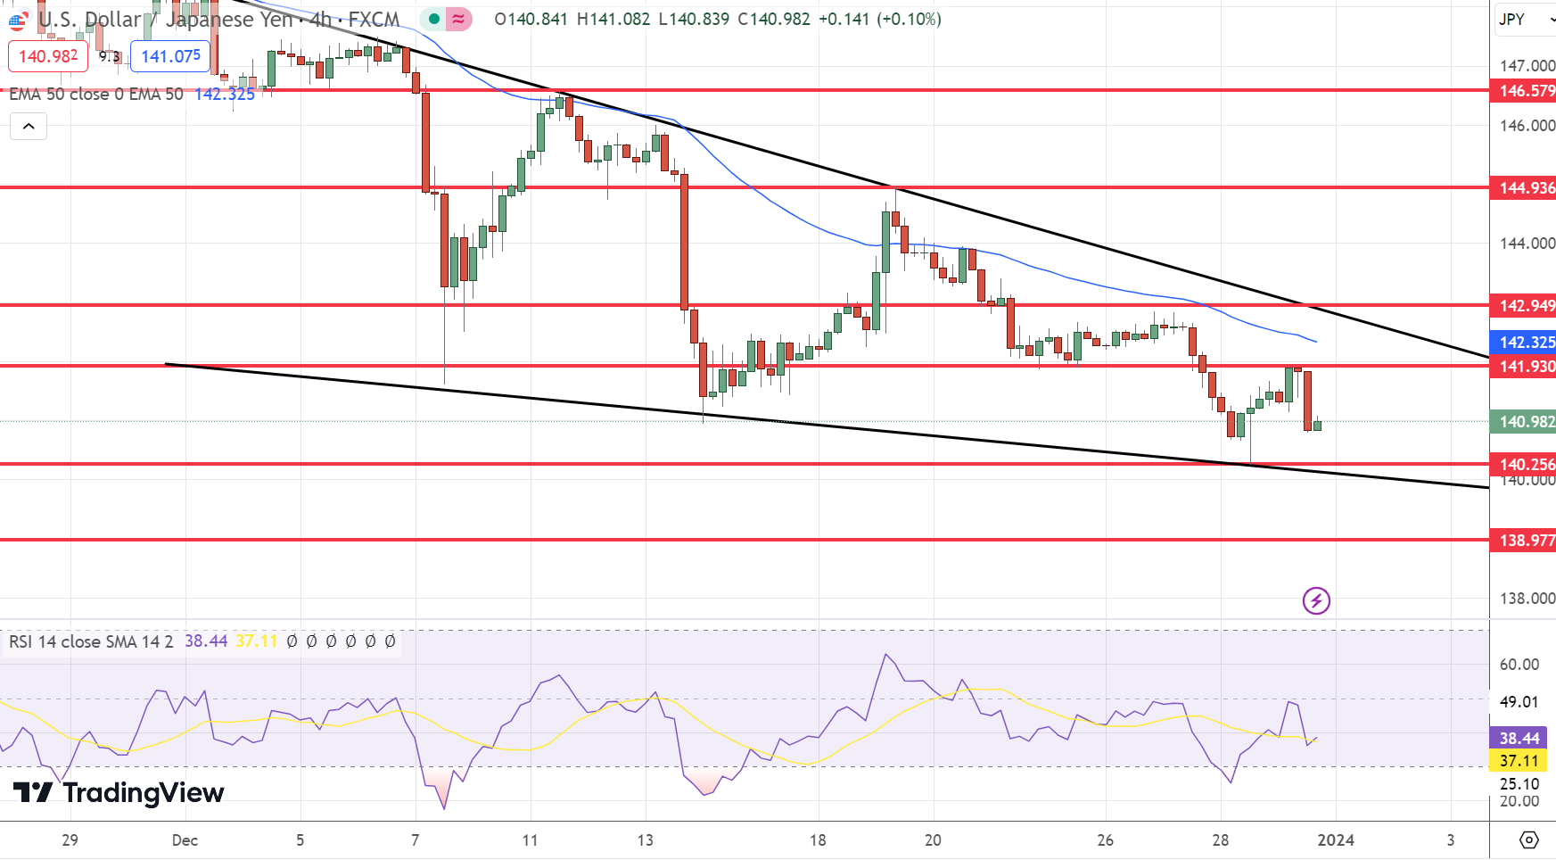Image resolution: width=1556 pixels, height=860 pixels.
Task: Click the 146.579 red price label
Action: coord(1524,90)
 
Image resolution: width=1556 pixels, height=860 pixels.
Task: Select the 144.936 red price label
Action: coord(1524,187)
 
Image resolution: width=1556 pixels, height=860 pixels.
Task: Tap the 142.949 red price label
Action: coord(1524,305)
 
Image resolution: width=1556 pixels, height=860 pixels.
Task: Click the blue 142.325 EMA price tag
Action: coord(1524,342)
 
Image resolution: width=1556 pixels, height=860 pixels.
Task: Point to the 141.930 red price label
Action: coord(1524,366)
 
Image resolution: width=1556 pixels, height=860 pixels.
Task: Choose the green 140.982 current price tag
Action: coord(1524,421)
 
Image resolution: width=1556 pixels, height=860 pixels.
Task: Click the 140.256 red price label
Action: coord(1524,464)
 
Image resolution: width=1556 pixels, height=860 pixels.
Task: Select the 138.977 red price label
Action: coord(1524,540)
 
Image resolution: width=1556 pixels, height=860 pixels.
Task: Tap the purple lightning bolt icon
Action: coord(1316,600)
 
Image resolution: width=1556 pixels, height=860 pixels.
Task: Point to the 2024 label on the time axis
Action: coord(1335,839)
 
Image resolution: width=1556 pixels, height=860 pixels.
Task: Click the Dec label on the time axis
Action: coord(185,839)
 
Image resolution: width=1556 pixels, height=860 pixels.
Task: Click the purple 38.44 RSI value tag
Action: coord(1519,738)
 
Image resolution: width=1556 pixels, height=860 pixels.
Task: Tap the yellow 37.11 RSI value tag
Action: coord(1519,761)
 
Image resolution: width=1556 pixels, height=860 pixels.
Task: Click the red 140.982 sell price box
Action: coord(48,56)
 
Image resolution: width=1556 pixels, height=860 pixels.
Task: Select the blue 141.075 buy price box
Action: coord(170,56)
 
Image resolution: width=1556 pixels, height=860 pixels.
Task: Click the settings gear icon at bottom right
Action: coord(1529,839)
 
